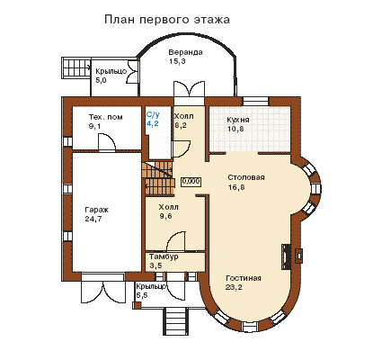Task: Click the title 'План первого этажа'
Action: (167, 20)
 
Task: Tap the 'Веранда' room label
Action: (185, 52)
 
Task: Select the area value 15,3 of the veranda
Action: (177, 61)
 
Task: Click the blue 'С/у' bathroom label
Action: (153, 114)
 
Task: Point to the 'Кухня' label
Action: (238, 120)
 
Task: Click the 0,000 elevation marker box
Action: (191, 181)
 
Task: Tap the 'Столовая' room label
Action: (246, 177)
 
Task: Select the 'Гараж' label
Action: (96, 210)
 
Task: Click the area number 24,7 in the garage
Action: (93, 219)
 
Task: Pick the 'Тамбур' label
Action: (164, 256)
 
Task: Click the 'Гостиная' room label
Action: (244, 278)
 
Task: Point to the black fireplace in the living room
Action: (286, 256)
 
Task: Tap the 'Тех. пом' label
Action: (105, 117)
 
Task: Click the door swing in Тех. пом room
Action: (107, 141)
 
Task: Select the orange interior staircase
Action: (158, 178)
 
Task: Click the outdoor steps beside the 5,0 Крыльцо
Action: (76, 68)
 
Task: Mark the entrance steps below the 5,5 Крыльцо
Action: (177, 321)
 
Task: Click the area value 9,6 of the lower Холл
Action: (165, 216)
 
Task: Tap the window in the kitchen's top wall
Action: (255, 101)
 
